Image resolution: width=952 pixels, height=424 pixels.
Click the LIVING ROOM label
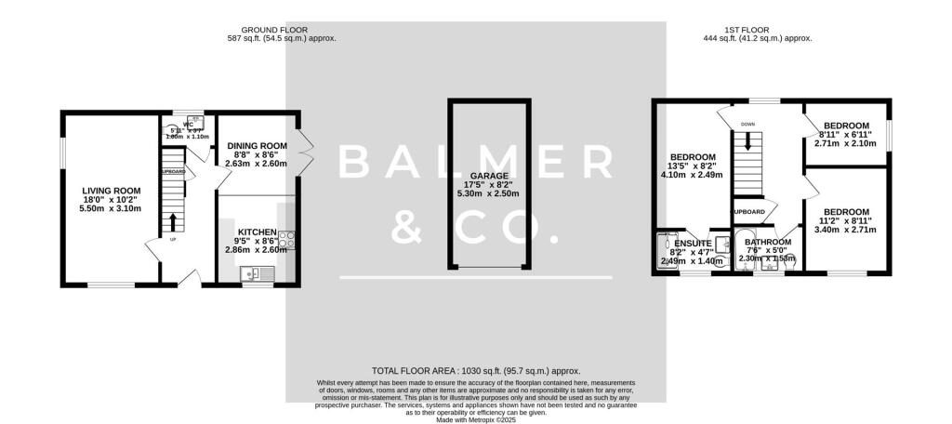tap(111, 190)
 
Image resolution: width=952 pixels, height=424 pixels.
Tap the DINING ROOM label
tap(257, 146)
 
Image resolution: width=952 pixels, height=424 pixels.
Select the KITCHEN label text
tap(257, 232)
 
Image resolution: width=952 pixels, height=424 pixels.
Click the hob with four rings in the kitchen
tap(287, 239)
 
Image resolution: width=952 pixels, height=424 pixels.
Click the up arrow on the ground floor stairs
tap(173, 220)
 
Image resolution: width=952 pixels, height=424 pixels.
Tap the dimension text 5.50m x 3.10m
tap(111, 208)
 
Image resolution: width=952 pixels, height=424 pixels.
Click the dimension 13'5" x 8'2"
tap(693, 166)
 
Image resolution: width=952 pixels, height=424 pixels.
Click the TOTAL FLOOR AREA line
tap(475, 369)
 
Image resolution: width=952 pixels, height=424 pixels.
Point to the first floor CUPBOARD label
tap(749, 212)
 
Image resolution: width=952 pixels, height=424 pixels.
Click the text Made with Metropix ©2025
tap(475, 418)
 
